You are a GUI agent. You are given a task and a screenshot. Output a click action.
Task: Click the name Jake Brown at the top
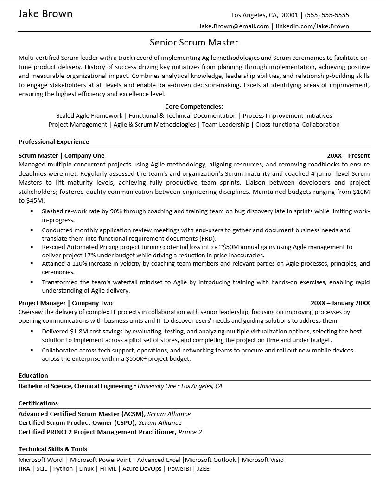pos(45,14)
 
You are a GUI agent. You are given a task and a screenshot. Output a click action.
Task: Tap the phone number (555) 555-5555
pos(327,15)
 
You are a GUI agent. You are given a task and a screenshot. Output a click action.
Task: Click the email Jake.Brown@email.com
pos(234,26)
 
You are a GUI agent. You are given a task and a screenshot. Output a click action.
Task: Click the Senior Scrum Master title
pos(194,43)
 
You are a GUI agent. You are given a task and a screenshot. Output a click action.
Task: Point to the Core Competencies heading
pos(194,107)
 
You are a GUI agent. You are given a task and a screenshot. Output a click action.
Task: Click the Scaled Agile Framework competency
pos(89,115)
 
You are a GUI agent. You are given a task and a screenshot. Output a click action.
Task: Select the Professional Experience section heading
pos(54,141)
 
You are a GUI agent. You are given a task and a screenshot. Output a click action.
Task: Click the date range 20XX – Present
pos(348,155)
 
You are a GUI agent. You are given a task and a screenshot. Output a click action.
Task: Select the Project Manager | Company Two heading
pos(65,303)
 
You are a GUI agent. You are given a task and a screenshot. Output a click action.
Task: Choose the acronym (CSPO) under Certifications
pos(125,422)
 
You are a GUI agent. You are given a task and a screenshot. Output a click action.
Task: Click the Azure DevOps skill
pos(142,468)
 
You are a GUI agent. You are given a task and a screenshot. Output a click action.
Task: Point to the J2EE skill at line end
pos(203,468)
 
